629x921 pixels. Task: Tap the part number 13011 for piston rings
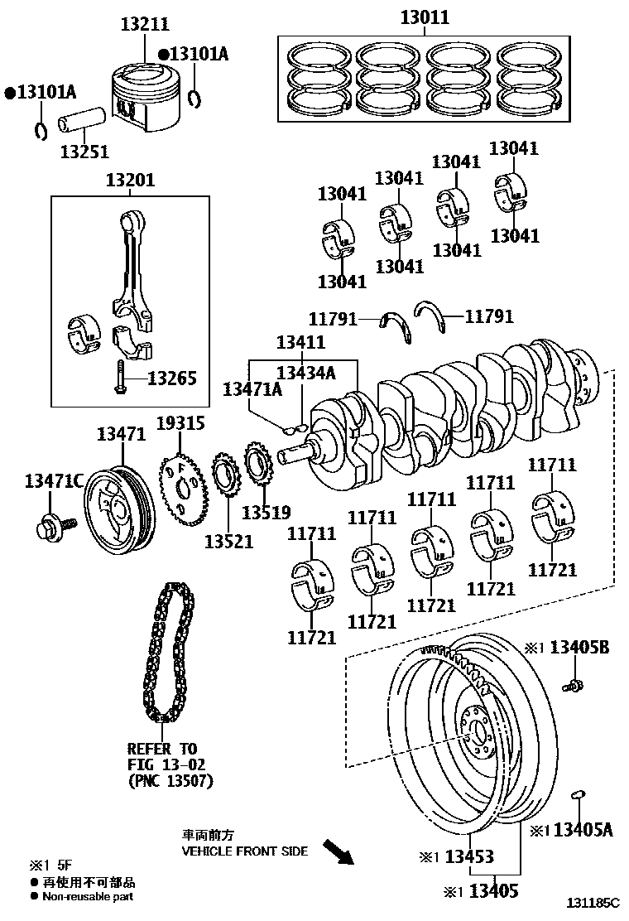coord(425,17)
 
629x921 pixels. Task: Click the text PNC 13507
coord(171,779)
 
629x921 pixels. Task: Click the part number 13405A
coord(583,829)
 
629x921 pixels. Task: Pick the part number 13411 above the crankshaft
coord(300,341)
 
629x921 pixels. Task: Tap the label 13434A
coord(305,373)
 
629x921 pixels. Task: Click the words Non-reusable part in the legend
coord(88,896)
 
